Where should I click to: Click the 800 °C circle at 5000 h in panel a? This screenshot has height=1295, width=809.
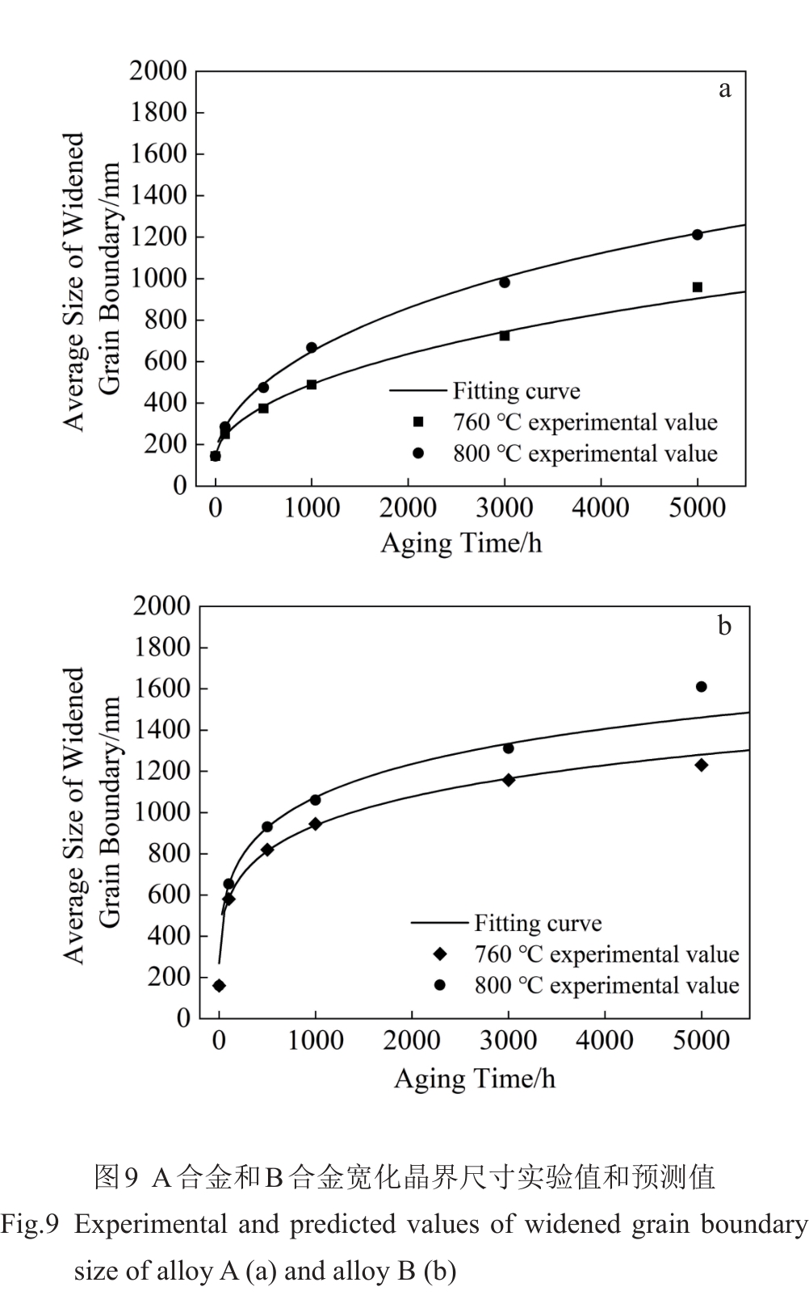coord(697,235)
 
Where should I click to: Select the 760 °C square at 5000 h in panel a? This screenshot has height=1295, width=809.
coord(697,287)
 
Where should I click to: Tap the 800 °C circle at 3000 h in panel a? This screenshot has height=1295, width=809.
coord(505,283)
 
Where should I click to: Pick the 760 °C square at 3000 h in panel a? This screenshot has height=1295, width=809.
coord(505,335)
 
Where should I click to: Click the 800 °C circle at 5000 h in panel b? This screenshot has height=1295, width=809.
coord(701,687)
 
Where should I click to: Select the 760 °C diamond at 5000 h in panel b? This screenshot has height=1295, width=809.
coord(701,765)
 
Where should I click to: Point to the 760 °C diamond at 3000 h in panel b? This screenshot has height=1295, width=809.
coord(509,780)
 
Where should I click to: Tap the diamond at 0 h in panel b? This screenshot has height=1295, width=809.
coord(219,986)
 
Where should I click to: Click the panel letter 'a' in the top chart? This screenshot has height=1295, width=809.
coord(724,89)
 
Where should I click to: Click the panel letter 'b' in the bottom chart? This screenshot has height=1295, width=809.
coord(724,626)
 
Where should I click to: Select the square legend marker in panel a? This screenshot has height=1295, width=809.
coord(418,422)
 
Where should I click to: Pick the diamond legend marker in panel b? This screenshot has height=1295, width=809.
coord(440,954)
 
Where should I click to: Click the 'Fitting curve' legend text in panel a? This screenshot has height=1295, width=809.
coord(516,392)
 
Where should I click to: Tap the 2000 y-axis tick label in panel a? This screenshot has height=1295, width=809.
coord(157,71)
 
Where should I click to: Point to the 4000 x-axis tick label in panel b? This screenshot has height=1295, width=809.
coord(604,1040)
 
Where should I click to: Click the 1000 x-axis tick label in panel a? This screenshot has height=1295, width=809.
coord(312,508)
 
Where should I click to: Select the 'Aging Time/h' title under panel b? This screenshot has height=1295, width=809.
coord(474,1079)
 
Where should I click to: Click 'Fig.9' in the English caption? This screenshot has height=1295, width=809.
coord(30,1225)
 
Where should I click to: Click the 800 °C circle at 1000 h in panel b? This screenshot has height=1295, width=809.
coord(315,800)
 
